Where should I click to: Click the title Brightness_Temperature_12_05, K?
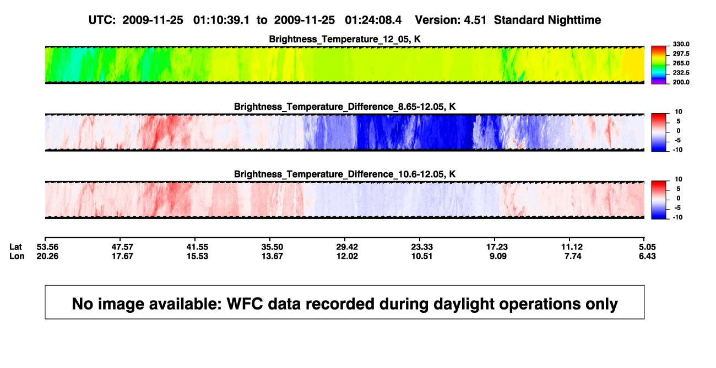(345, 39)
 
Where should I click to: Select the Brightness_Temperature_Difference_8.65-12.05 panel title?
(345, 106)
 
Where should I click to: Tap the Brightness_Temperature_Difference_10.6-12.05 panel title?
(345, 174)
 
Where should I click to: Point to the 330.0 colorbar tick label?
(681, 44)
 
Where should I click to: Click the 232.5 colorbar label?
(681, 73)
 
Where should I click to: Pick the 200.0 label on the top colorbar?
(681, 82)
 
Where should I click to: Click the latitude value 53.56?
(47, 247)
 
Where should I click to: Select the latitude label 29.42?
(347, 247)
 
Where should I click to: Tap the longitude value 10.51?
(422, 256)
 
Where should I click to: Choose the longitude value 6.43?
(647, 256)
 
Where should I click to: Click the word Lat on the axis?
(15, 247)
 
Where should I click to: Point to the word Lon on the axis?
(17, 256)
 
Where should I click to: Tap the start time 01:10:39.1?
(221, 20)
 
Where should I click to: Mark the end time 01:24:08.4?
(373, 20)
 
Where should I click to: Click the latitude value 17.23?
(497, 247)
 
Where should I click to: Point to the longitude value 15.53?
(198, 256)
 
